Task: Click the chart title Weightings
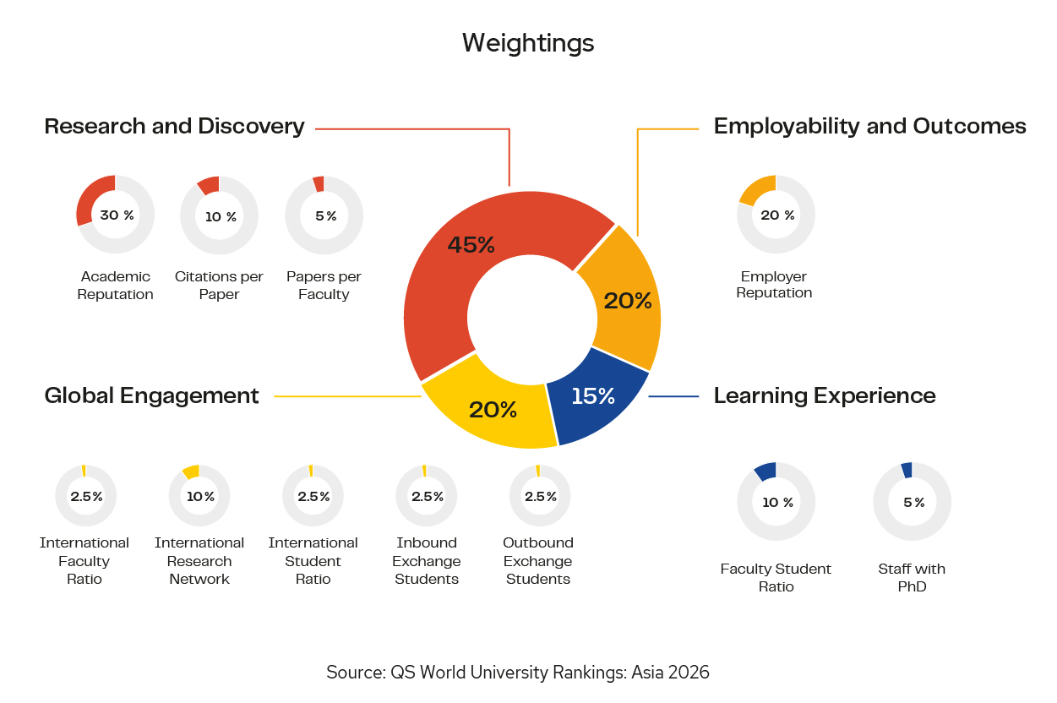[528, 43]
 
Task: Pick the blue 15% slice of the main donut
[594, 397]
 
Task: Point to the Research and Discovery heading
[174, 127]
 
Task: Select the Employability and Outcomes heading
[869, 127]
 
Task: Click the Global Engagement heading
[151, 395]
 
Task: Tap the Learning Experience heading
[825, 395]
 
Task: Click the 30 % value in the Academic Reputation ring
[117, 215]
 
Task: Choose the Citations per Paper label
[219, 286]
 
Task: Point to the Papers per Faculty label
[324, 286]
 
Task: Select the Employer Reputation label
[774, 285]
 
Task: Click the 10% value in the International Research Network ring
[201, 497]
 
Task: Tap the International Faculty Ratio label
[84, 561]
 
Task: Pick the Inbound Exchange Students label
[427, 561]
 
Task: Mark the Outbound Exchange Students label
[538, 561]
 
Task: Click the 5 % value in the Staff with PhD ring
[913, 503]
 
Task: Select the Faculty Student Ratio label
[776, 577]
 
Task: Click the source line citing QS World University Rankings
[518, 673]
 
